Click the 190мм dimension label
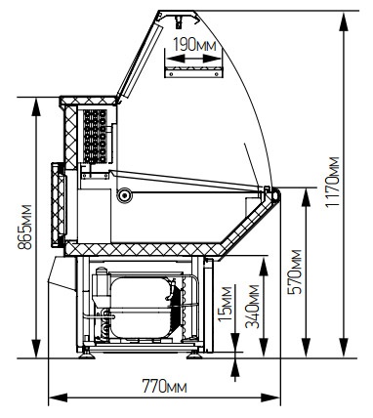click(194, 45)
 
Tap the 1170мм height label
click(333, 182)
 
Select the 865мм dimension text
click(24, 227)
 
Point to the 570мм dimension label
click(295, 272)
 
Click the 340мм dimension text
click(253, 307)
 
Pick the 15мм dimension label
click(225, 304)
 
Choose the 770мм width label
click(165, 386)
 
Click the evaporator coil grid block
click(95, 136)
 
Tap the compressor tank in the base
click(142, 308)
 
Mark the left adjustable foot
click(87, 354)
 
